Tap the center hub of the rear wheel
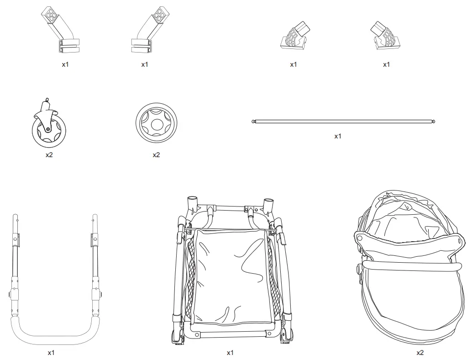[156, 123]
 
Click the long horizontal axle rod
[342, 122]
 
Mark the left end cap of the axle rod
[253, 122]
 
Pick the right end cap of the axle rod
[433, 122]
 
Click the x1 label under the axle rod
[338, 136]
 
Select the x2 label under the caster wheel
[49, 155]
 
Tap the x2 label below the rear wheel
[156, 155]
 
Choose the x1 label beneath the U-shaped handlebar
[51, 353]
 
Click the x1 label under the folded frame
[230, 353]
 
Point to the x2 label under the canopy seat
[420, 353]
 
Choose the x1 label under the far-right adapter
[386, 64]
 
